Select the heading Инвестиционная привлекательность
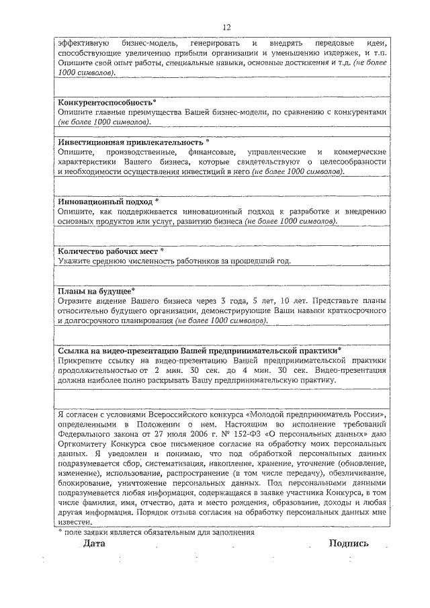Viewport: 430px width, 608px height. click(130, 142)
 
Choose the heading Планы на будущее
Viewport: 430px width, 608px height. click(95, 291)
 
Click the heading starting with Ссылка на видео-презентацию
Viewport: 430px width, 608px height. click(198, 350)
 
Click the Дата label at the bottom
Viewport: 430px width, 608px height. click(95, 543)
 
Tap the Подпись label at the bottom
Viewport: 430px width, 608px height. click(349, 543)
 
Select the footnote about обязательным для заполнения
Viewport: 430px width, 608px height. click(157, 531)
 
